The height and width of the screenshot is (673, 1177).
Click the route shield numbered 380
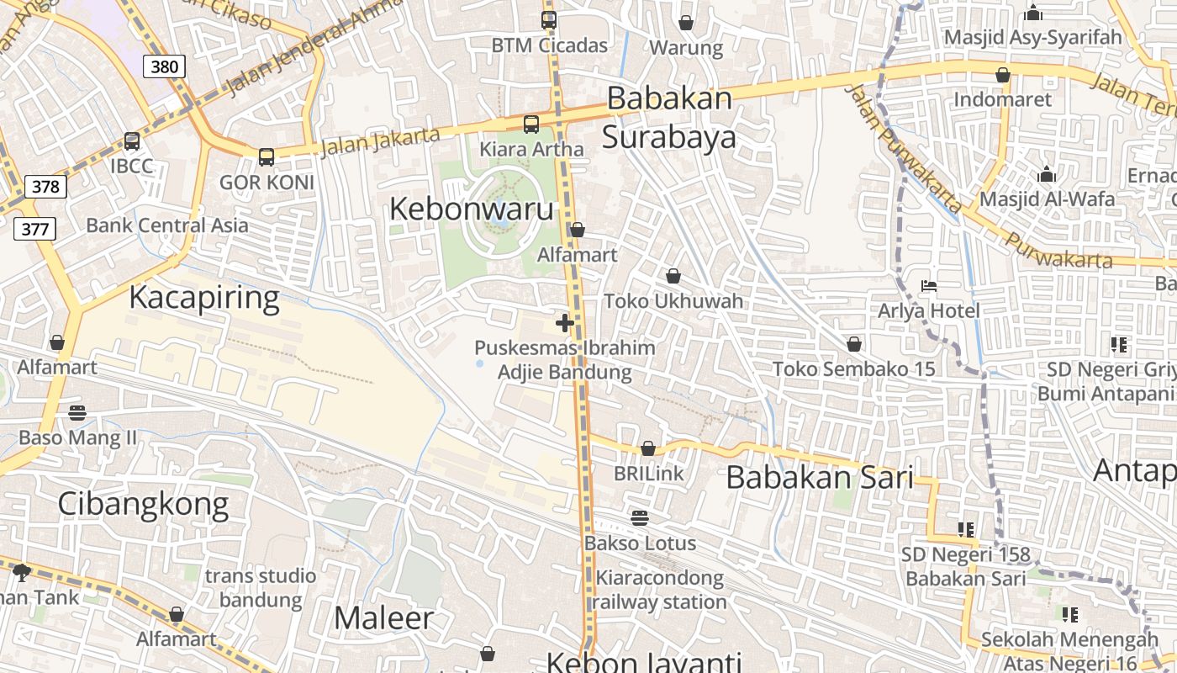tap(163, 66)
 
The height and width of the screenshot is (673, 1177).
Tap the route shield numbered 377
tap(34, 228)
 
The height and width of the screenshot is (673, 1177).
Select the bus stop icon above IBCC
tap(132, 141)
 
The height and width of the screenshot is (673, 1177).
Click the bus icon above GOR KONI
tap(267, 156)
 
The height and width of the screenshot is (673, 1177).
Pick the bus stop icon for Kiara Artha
tap(531, 125)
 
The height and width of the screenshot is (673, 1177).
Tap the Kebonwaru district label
tap(471, 209)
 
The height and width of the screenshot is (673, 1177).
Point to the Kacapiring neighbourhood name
tap(204, 298)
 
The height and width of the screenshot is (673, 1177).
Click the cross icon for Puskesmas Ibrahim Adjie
tap(565, 323)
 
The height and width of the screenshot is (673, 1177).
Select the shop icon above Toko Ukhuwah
tap(673, 276)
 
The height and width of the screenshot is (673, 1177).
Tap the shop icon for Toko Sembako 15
tap(854, 344)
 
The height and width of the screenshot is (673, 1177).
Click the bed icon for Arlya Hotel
tap(929, 286)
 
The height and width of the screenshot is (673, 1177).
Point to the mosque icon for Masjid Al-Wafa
tap(1047, 174)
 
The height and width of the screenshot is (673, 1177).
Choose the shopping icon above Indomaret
tap(1003, 75)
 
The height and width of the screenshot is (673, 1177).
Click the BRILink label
tap(649, 474)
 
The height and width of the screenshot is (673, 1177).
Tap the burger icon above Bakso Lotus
tap(640, 517)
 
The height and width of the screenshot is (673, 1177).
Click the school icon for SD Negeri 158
tap(965, 529)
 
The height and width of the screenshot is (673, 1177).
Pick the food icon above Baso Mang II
tap(77, 412)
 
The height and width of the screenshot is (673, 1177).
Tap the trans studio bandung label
tap(261, 588)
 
